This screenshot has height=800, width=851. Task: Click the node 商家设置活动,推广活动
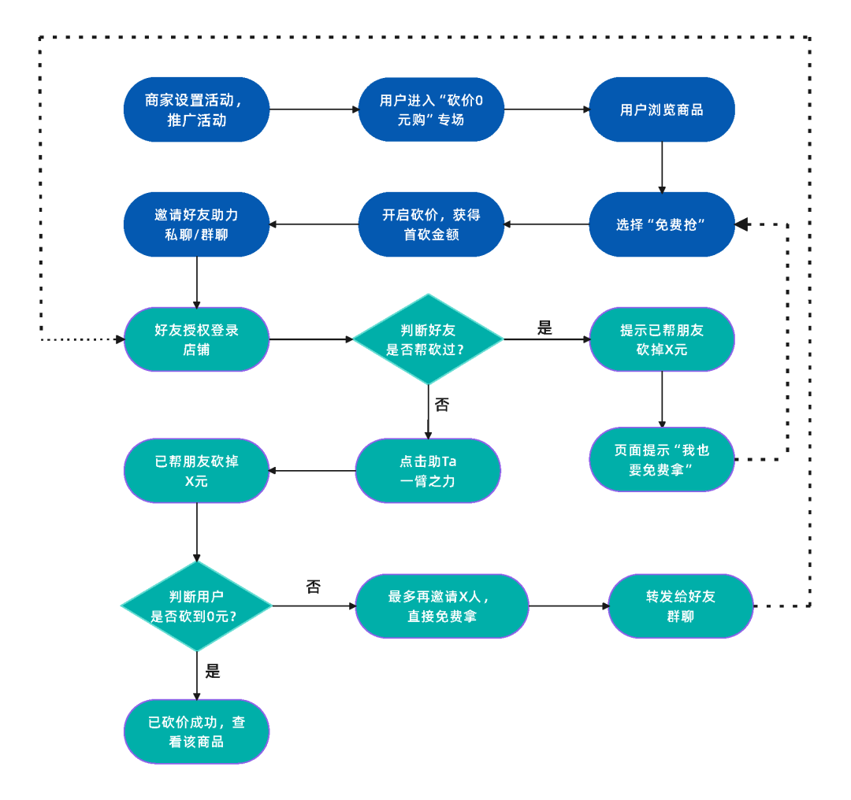[x=196, y=109]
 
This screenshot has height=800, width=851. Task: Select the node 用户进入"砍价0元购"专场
[x=430, y=109]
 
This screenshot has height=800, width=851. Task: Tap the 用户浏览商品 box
[x=662, y=109]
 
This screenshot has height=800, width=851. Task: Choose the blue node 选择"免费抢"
[x=662, y=224]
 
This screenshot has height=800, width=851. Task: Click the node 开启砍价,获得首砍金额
[x=430, y=224]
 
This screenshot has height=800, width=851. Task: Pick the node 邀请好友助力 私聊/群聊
[x=196, y=224]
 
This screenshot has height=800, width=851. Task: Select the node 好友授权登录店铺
[x=196, y=339]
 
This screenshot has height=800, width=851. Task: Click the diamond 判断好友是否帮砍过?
[x=427, y=339]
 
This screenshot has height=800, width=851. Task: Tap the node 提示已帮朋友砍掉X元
[x=662, y=339]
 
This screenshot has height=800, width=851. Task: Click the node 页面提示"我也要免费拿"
[x=662, y=459]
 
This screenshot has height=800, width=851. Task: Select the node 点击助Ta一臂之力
[x=428, y=471]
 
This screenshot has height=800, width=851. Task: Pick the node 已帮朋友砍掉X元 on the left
[x=196, y=471]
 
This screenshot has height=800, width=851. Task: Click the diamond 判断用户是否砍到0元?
[x=196, y=606]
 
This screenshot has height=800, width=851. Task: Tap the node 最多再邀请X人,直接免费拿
[x=441, y=606]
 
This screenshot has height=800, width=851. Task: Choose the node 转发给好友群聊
[x=680, y=606]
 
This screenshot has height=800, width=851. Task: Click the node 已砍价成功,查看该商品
[x=196, y=731]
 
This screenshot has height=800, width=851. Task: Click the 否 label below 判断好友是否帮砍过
[x=442, y=405]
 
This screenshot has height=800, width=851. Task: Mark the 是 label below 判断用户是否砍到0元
[x=213, y=672]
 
